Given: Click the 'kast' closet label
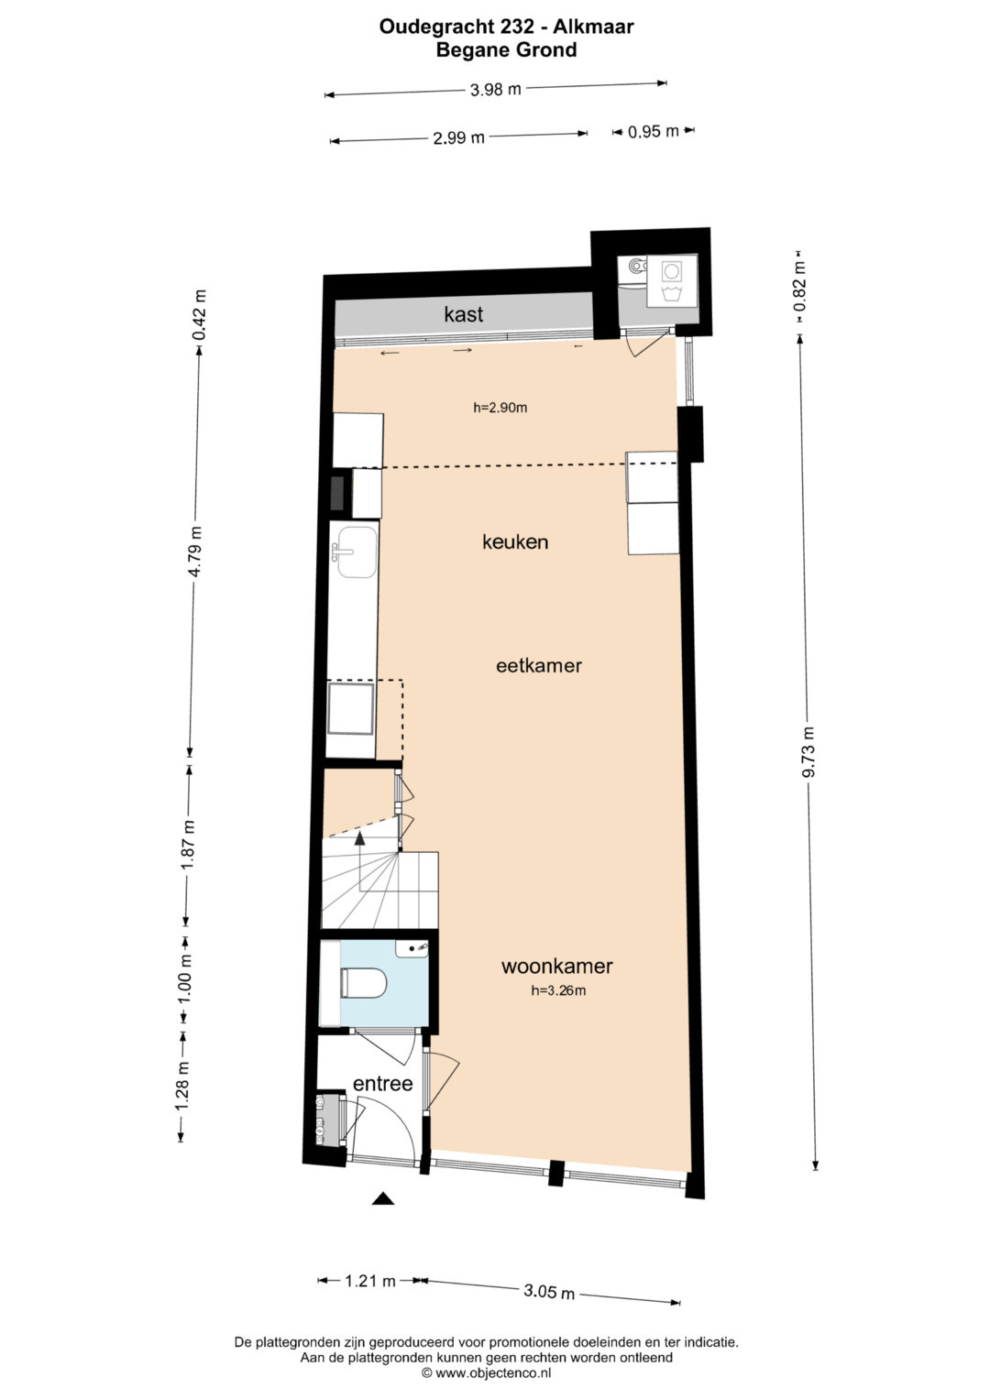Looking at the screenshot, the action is [463, 314].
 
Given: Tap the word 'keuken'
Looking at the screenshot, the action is [515, 541].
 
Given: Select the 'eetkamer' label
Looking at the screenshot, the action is [539, 666].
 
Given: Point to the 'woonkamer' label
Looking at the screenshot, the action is [557, 967].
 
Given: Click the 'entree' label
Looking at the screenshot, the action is [382, 1084].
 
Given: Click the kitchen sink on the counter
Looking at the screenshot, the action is [357, 552].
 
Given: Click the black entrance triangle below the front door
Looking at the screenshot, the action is [382, 1198].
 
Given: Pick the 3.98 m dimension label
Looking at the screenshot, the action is [495, 89].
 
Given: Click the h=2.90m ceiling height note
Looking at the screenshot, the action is [500, 408].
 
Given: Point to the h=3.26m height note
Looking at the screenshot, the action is [558, 989].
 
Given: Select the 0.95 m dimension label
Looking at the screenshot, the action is [653, 132].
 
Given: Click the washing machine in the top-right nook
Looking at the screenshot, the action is [672, 280].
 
